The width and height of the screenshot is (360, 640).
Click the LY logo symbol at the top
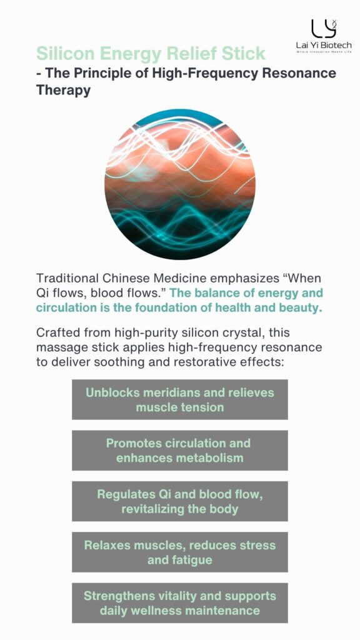[324, 29]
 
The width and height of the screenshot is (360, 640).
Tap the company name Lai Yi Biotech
[324, 45]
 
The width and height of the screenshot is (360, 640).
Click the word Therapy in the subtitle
[63, 90]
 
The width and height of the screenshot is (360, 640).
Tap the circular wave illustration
[180, 184]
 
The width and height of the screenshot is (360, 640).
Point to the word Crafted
[58, 332]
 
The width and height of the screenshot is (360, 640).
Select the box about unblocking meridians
[180, 399]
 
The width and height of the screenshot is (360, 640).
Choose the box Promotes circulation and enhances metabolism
[180, 450]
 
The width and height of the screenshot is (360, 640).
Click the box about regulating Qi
[180, 501]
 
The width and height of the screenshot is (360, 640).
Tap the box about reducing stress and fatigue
[180, 552]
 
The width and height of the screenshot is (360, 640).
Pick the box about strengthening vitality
[180, 603]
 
